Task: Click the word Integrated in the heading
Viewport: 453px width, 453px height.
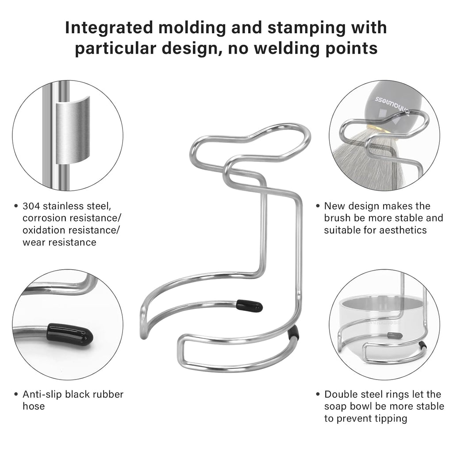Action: [109, 28]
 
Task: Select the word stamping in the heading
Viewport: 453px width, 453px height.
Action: [306, 28]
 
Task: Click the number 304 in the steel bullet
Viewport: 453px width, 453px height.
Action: [32, 206]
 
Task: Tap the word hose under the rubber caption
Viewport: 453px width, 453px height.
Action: [34, 406]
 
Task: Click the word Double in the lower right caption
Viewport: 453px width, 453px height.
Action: [339, 394]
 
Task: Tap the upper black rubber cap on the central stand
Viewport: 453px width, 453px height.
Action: [250, 306]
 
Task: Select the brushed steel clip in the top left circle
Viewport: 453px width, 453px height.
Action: [73, 131]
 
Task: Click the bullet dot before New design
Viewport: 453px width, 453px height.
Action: [318, 206]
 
